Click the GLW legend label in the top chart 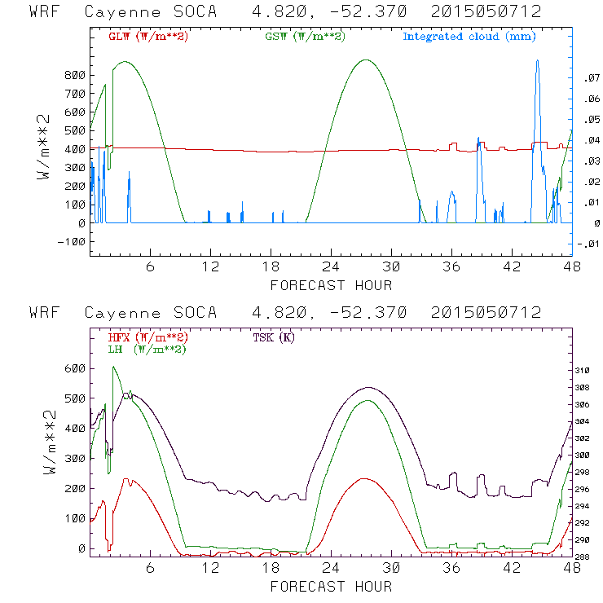click(x=139, y=37)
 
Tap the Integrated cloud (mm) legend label click(x=469, y=37)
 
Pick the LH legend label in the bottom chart click(x=147, y=348)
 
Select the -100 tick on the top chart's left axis click(x=73, y=241)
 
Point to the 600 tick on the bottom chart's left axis click(x=76, y=368)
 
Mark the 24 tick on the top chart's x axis click(x=331, y=266)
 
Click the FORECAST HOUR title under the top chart click(x=331, y=285)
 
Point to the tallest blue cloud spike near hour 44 click(x=537, y=62)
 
